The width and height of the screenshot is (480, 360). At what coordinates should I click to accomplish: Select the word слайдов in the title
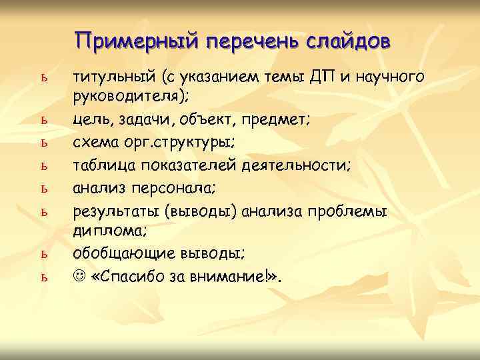[x=349, y=41]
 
